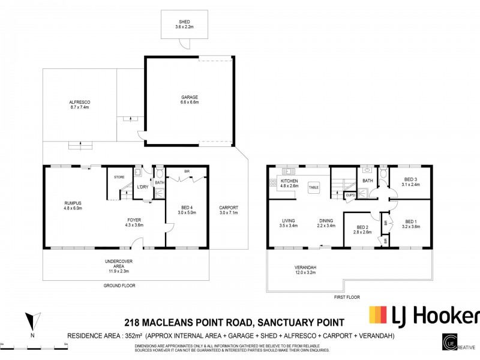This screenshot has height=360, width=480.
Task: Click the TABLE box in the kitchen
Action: point(314,187)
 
